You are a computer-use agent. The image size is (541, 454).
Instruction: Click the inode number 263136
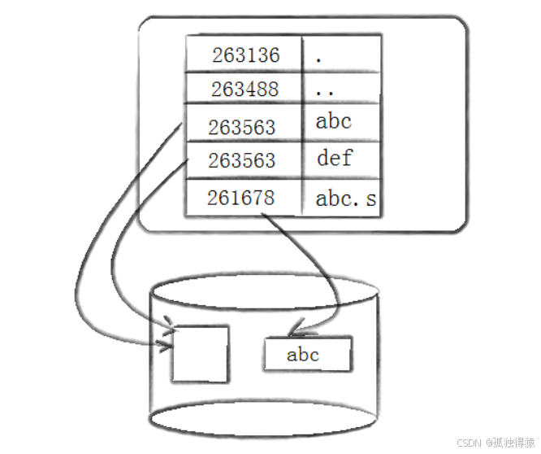pos(245,55)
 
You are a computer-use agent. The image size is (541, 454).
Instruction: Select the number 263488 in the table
pos(245,89)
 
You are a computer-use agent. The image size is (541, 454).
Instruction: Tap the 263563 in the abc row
pos(241,128)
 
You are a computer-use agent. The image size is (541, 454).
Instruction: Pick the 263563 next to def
pos(241,161)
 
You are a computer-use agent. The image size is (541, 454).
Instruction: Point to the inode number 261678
pos(240,198)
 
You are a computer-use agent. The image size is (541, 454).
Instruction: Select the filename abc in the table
pos(333,122)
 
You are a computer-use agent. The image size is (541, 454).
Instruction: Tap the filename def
pos(335,157)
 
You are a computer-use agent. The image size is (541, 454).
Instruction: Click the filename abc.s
pos(346,199)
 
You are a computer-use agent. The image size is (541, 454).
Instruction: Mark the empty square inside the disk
pos(200,352)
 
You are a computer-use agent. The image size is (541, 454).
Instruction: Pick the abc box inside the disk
pos(307,355)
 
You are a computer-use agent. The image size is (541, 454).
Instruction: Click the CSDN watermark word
pos(469,443)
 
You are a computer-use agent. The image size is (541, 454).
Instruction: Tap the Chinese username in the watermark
pos(512,443)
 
